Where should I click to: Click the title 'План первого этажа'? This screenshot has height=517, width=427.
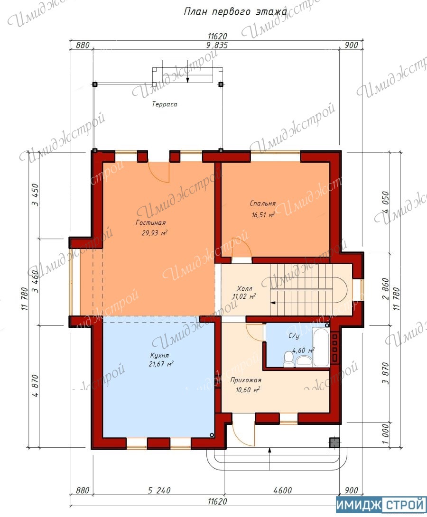point(235,12)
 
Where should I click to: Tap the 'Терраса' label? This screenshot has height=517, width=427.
point(165,104)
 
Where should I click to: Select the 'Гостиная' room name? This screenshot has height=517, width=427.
point(151,222)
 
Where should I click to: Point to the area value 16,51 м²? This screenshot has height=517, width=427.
point(263,215)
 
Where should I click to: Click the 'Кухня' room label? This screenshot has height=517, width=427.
point(159,355)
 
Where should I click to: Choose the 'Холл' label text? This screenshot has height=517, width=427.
point(245,289)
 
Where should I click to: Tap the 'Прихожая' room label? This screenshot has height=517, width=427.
point(246,380)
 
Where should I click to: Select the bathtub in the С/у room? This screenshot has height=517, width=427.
point(321,347)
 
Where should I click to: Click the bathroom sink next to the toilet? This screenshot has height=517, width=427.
point(304,360)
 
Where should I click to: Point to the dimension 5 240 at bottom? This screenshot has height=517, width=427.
point(159,490)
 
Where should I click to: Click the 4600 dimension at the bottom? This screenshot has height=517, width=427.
point(283,490)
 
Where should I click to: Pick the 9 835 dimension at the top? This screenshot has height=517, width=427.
point(217,45)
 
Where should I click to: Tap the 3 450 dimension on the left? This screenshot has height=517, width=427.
point(35,195)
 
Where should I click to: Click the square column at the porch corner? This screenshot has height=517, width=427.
point(334,443)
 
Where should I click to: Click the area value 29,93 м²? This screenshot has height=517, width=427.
point(154,233)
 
